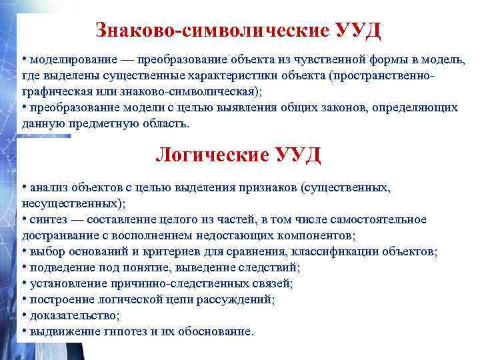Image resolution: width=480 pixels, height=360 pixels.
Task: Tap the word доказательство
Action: pos(72,315)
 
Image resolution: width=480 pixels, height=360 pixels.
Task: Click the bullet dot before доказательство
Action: pos(24,315)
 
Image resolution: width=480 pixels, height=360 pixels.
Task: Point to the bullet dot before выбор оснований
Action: pos(24,251)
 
